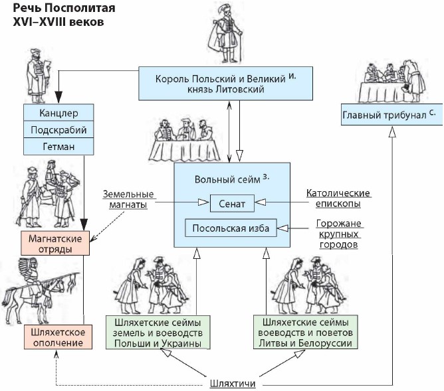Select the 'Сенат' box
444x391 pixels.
click(x=232, y=203)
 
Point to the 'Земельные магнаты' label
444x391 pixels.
click(x=129, y=200)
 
